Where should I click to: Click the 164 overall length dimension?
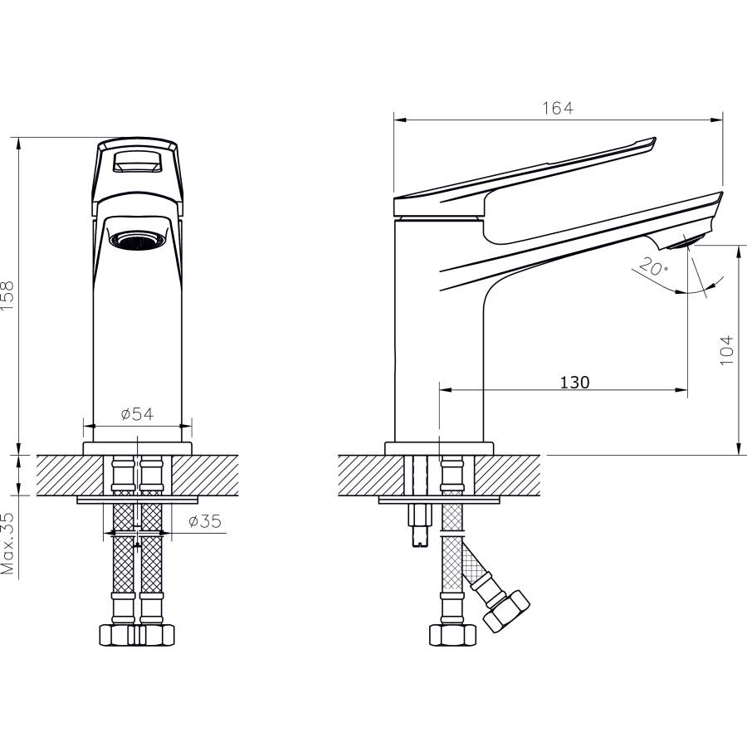[x=558, y=108]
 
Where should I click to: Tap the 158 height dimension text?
[x=8, y=295]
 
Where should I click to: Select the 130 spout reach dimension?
[x=574, y=382]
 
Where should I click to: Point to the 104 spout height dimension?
[x=726, y=350]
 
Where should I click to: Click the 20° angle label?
[x=652, y=266]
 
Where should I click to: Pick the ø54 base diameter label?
[x=137, y=414]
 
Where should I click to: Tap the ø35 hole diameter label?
[x=205, y=521]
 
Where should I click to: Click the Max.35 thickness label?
[x=8, y=543]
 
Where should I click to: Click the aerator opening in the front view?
[x=137, y=240]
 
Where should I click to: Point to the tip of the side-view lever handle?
[x=655, y=139]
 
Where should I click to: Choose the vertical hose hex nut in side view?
[x=452, y=635]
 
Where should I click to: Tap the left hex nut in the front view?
[x=117, y=635]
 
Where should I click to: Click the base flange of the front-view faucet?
[x=137, y=448]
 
